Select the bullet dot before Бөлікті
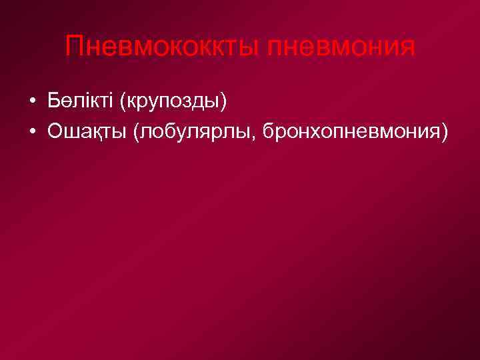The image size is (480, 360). (32, 103)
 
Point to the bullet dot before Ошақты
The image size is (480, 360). (32, 132)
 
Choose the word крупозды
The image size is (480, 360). (172, 103)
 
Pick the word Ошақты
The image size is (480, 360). (87, 131)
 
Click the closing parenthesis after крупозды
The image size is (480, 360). (224, 103)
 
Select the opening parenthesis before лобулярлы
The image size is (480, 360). (137, 132)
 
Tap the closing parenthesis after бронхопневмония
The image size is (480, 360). (445, 132)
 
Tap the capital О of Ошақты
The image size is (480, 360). (55, 131)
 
